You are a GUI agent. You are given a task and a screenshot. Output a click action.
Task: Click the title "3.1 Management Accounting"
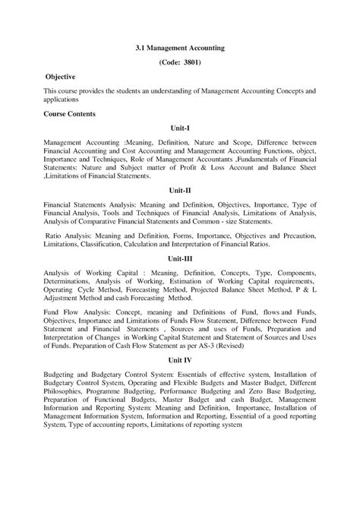point(180,47)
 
